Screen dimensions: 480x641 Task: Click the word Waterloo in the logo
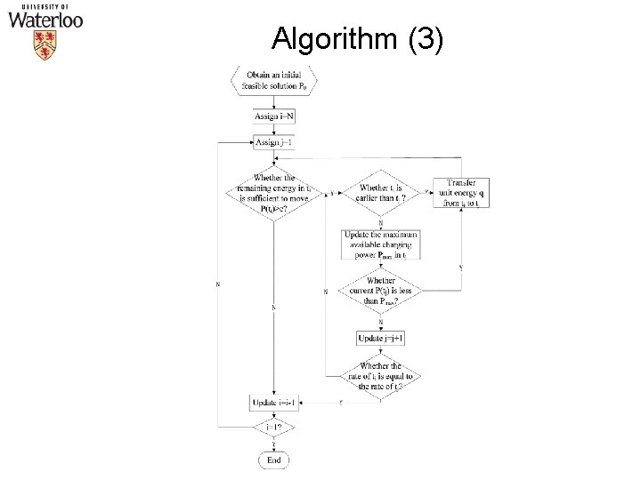pyautogui.click(x=46, y=19)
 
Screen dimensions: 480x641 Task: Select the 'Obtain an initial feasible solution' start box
pyautogui.click(x=273, y=82)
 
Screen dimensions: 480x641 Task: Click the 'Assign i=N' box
pyautogui.click(x=273, y=118)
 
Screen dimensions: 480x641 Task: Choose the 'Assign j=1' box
pyautogui.click(x=273, y=142)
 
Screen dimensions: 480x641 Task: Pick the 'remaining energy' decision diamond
pyautogui.click(x=273, y=192)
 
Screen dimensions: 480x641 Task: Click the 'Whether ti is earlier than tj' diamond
pyautogui.click(x=381, y=192)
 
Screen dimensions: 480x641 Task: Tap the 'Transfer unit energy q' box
pyautogui.click(x=459, y=192)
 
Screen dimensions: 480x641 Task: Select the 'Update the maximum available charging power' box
pyautogui.click(x=381, y=244)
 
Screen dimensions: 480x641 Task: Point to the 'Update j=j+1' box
pyautogui.click(x=381, y=338)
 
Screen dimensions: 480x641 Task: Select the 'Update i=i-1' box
pyautogui.click(x=273, y=404)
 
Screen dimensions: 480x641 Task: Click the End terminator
pyautogui.click(x=273, y=460)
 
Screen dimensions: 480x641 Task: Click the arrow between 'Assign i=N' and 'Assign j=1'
pyautogui.click(x=273, y=131)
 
